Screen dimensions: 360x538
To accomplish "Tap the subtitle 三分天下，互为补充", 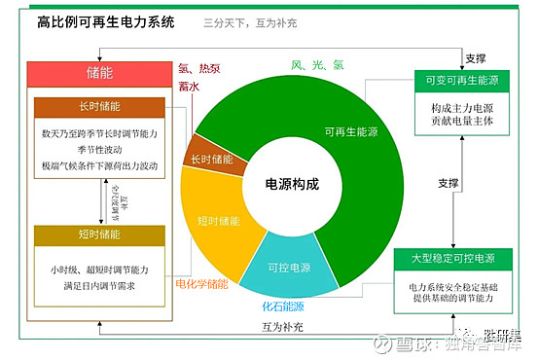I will coord(251,20).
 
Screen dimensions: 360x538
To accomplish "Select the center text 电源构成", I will coord(292,182).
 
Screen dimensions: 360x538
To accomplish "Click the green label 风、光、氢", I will coord(317,64).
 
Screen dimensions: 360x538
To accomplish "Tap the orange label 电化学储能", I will coord(201,284).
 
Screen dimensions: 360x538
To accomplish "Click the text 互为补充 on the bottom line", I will coord(283,326).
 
